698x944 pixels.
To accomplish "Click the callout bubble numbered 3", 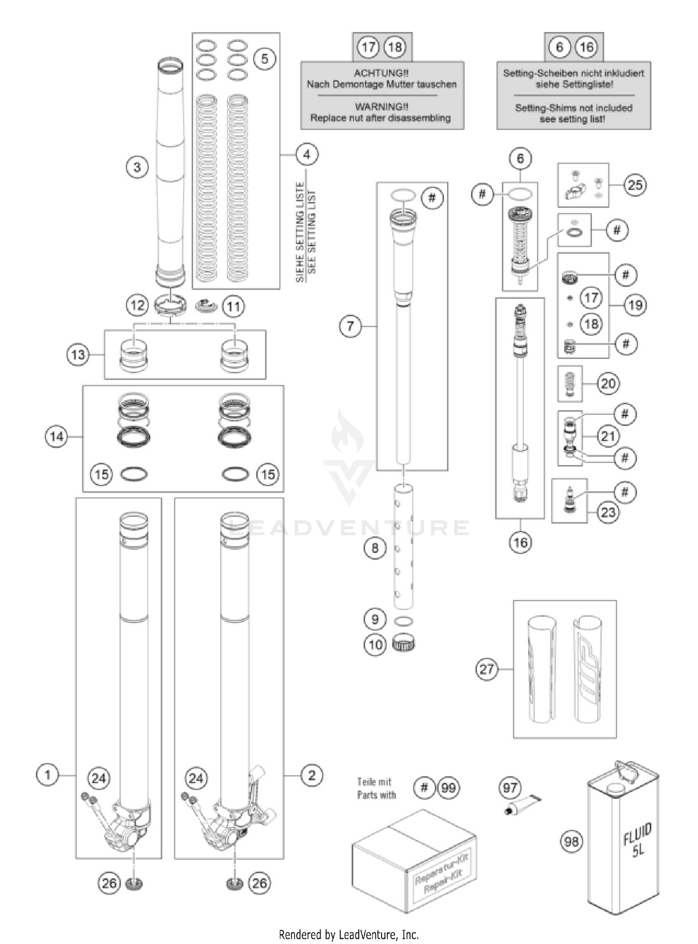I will pyautogui.click(x=137, y=167).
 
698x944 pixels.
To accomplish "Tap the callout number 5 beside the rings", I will pyautogui.click(x=264, y=59).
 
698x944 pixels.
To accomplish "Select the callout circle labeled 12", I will pyautogui.click(x=137, y=305).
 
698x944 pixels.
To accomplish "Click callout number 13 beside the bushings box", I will pyautogui.click(x=78, y=355).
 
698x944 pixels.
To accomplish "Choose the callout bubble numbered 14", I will pyautogui.click(x=56, y=437).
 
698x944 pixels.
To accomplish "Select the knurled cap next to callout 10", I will pyautogui.click(x=403, y=644).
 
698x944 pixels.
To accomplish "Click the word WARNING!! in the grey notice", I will pyautogui.click(x=382, y=107).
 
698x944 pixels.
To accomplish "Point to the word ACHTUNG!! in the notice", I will pyautogui.click(x=381, y=73).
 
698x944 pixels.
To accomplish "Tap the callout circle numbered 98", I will pyautogui.click(x=571, y=842).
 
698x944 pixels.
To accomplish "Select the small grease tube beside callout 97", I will pyautogui.click(x=523, y=805).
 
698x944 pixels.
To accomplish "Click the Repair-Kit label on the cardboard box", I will pyautogui.click(x=441, y=877).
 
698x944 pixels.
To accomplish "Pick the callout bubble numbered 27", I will pyautogui.click(x=486, y=669).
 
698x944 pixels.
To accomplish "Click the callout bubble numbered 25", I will pyautogui.click(x=635, y=185).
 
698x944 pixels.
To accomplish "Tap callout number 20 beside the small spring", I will pyautogui.click(x=608, y=384).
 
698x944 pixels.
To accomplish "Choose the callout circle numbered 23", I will pyautogui.click(x=608, y=512).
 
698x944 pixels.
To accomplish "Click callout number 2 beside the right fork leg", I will pyautogui.click(x=311, y=775).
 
